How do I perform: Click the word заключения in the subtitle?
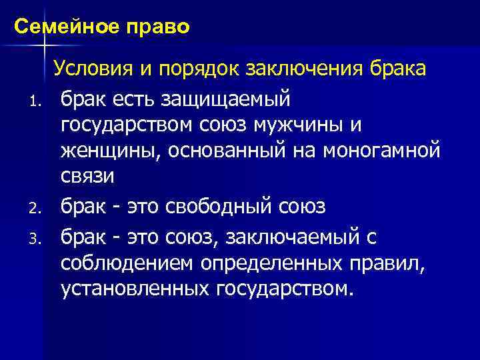(x=311, y=69)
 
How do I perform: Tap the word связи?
(x=88, y=177)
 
